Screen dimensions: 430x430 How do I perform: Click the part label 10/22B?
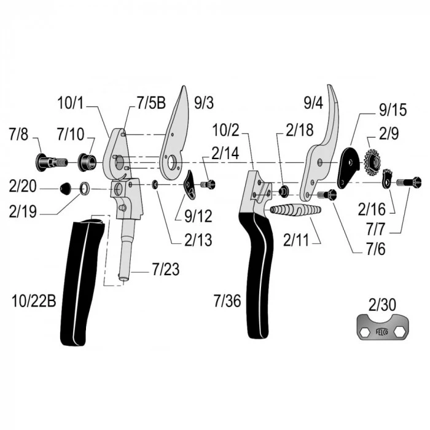tap(34, 301)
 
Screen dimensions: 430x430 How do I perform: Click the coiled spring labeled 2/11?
tap(295, 210)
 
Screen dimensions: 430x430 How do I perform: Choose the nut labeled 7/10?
tap(87, 163)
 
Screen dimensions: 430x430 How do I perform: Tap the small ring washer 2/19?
tap(85, 188)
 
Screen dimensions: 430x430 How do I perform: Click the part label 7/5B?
tap(151, 103)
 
